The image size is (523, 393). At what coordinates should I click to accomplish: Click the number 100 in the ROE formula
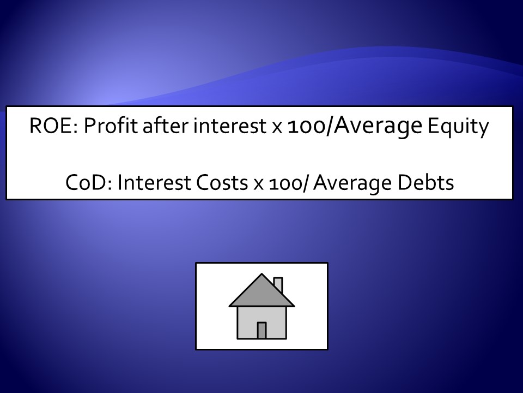click(306, 127)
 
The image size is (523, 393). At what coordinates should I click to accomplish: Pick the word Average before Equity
click(378, 126)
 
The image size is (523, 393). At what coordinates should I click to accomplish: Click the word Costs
click(222, 183)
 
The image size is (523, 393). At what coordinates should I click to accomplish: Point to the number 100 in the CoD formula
click(285, 184)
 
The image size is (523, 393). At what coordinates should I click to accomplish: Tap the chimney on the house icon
click(278, 285)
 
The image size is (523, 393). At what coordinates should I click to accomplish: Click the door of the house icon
click(262, 330)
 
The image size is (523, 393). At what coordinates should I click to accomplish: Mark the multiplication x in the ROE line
click(277, 128)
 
